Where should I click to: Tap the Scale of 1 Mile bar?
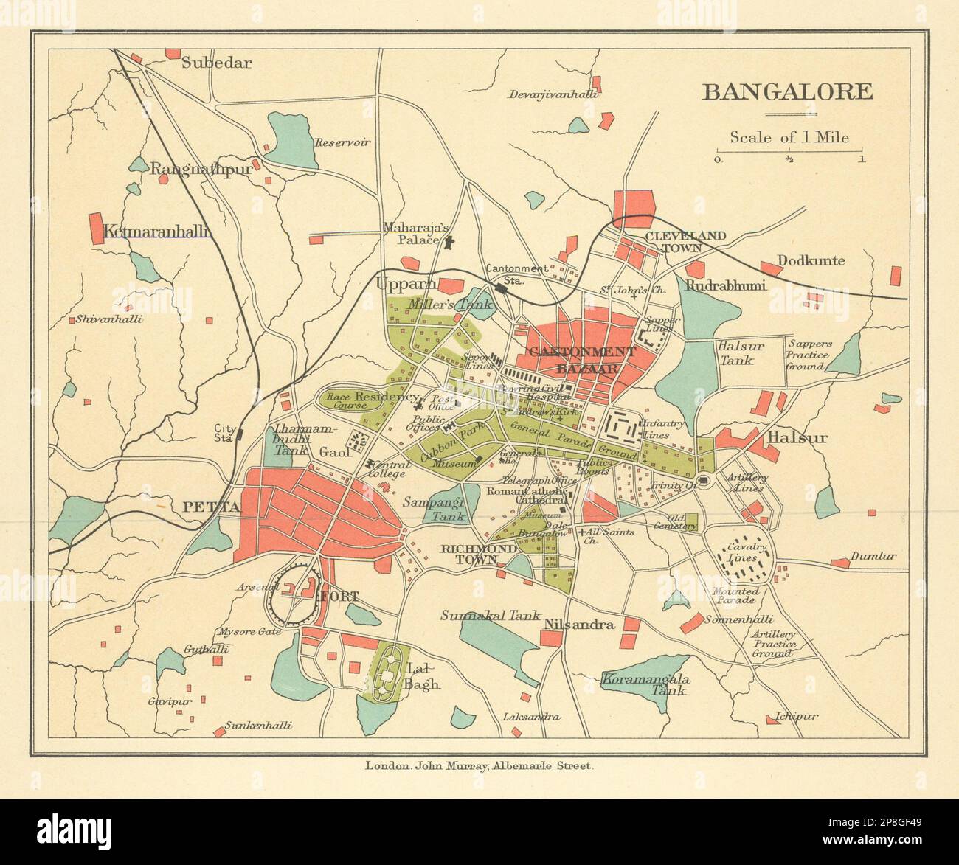789,151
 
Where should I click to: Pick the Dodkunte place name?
811,260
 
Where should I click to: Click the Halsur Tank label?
735,352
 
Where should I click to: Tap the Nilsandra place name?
579,625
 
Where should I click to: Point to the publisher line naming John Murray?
479,766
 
